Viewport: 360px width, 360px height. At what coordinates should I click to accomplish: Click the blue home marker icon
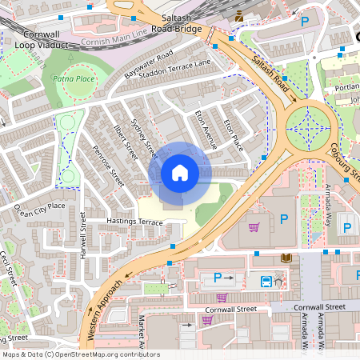pos(180,173)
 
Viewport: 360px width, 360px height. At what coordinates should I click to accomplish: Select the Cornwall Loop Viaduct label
pos(39,40)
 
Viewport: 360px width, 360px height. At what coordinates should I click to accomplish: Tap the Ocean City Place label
pos(39,209)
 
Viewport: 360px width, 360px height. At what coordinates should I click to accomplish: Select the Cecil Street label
pos(10,271)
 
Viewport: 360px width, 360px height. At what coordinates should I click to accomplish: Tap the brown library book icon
pos(286,258)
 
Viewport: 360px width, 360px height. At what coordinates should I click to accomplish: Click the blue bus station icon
pos(265,281)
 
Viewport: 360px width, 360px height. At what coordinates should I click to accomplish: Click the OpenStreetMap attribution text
pos(80,354)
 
